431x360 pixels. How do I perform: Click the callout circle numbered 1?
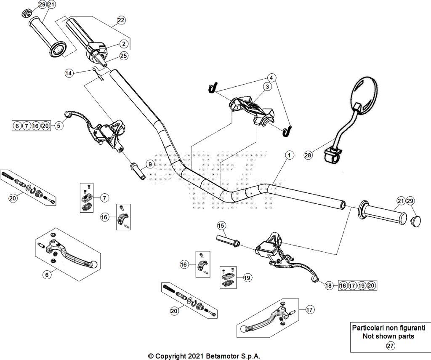coord(289,155)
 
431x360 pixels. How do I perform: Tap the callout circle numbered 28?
coord(308,155)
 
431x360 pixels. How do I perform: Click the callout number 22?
coord(121,20)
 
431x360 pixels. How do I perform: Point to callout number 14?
coord(69,73)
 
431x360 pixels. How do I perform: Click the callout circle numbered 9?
coord(150,165)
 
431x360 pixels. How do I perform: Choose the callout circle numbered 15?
coord(221,226)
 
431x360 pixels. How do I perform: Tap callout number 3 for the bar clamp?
coord(267,87)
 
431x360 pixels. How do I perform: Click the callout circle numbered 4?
coord(271,78)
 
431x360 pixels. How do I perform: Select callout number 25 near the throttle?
coord(124,56)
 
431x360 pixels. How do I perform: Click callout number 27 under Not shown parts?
coord(390,346)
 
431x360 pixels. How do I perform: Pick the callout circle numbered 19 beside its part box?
coord(247,278)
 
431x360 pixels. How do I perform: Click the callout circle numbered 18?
coord(328,286)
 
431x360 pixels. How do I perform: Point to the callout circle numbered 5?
coord(59,125)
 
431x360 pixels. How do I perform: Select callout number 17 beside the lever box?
coord(309,310)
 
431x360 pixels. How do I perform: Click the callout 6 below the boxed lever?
coord(47,275)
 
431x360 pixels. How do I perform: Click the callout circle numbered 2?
coord(124,43)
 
